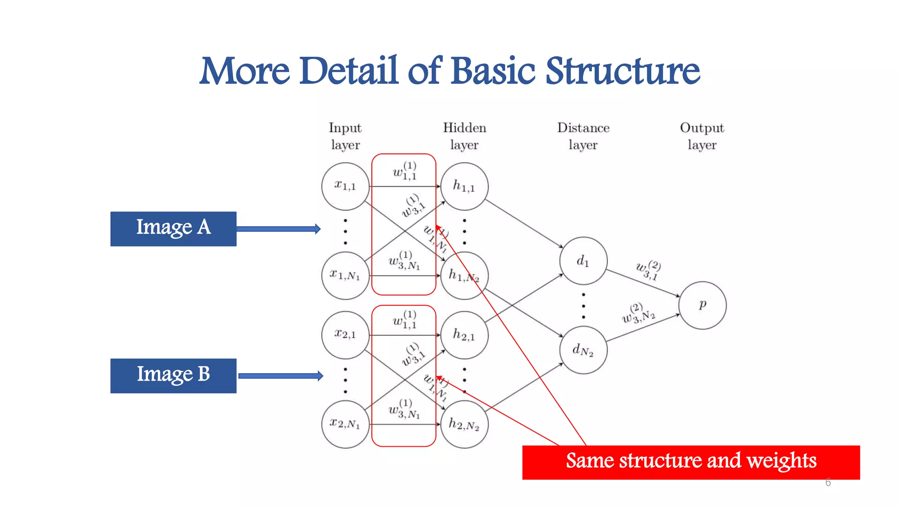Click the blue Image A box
[x=173, y=229]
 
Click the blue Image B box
[x=173, y=376]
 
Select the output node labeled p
[x=702, y=305]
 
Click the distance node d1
[x=583, y=261]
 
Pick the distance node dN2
[x=583, y=350]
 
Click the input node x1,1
[x=345, y=186]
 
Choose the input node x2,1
[x=345, y=335]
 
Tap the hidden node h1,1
[x=464, y=186]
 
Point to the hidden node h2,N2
[x=464, y=424]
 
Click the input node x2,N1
[x=345, y=424]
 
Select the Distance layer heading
[x=583, y=136]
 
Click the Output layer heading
[x=702, y=136]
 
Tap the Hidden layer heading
[x=464, y=136]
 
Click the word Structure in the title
[x=622, y=71]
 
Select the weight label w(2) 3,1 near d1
[x=648, y=270]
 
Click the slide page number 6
[x=828, y=482]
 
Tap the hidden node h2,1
[x=464, y=335]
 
